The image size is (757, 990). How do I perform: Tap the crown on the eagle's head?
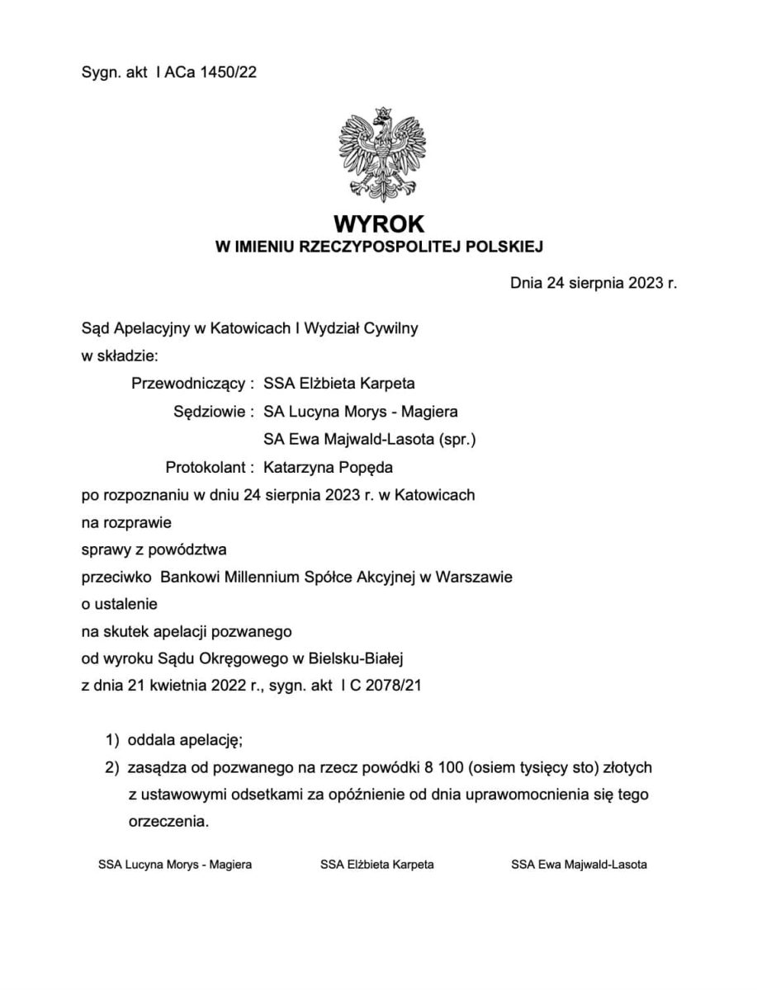[x=381, y=114]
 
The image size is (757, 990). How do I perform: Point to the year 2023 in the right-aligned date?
[x=645, y=285]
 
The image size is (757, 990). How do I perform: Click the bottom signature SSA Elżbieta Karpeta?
[x=377, y=865]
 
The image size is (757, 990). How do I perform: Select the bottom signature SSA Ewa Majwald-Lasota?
[x=579, y=865]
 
